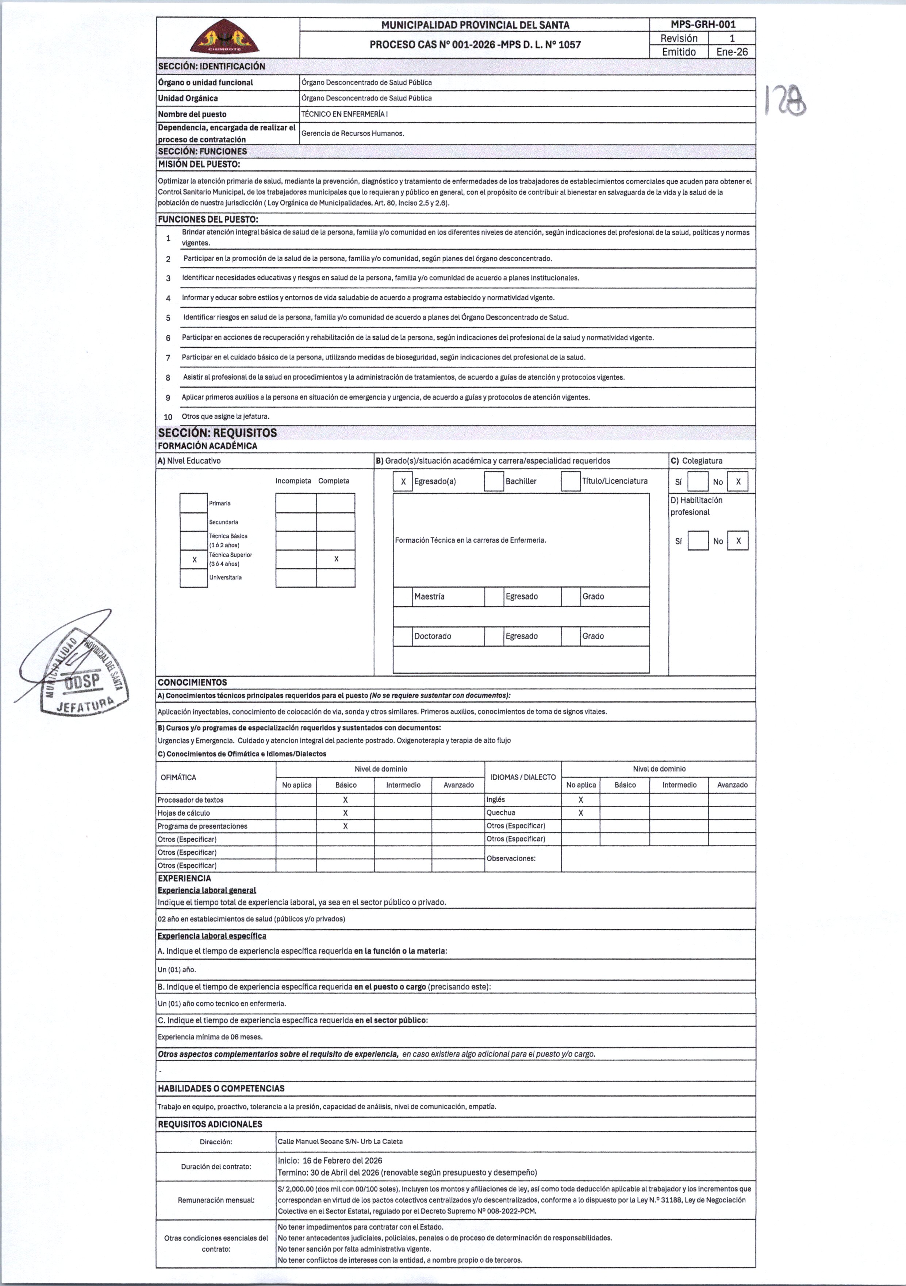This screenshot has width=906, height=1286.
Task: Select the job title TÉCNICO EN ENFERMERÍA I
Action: [344, 114]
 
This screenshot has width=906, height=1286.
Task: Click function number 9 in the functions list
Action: [168, 398]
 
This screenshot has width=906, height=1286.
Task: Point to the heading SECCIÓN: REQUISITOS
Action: [218, 433]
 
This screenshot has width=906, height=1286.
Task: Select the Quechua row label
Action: [501, 813]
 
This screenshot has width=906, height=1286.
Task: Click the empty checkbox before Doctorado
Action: [403, 636]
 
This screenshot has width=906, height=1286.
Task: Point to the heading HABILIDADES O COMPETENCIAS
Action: [221, 1088]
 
